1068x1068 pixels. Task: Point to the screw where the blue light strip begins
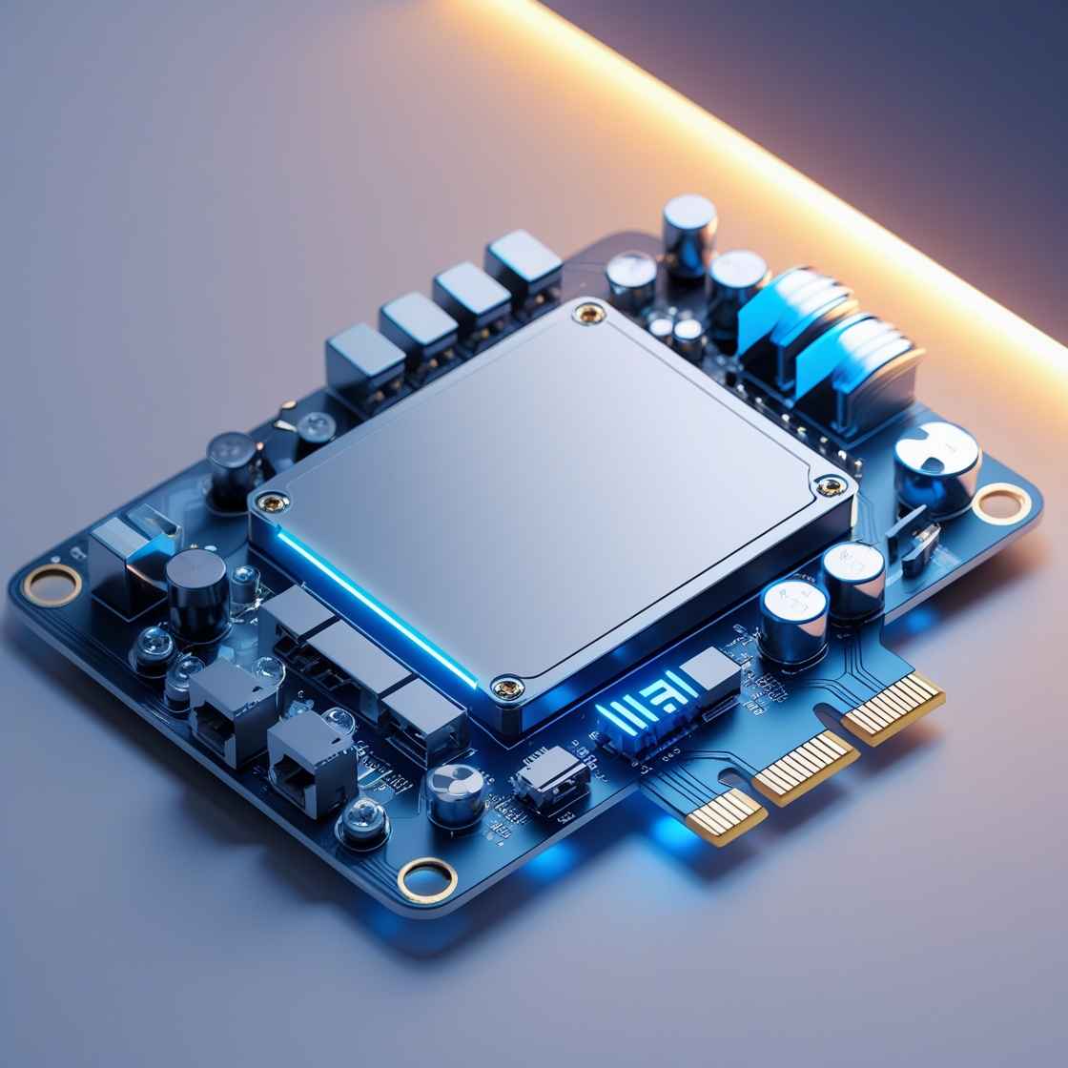tap(274, 502)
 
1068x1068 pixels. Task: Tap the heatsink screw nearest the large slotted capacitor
tap(830, 485)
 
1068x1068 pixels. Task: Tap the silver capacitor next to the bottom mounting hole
tap(454, 792)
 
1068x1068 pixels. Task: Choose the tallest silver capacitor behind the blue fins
tap(689, 234)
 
